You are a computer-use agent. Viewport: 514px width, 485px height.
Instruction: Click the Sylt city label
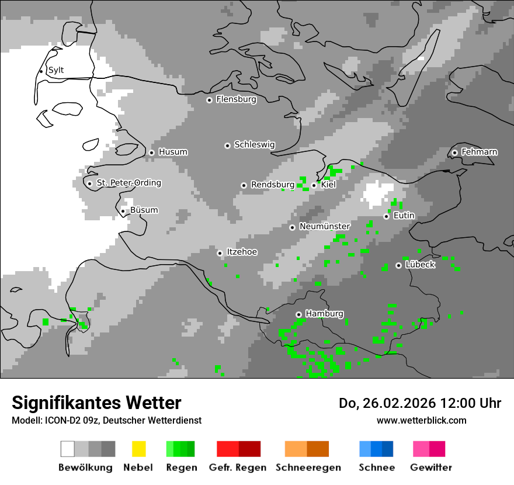click(x=56, y=70)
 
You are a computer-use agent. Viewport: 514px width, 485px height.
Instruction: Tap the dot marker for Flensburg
click(x=209, y=100)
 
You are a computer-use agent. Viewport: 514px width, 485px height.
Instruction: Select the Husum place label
click(x=173, y=152)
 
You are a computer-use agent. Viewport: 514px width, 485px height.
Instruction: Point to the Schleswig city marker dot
click(x=227, y=145)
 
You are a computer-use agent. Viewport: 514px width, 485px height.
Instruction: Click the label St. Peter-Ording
click(x=128, y=183)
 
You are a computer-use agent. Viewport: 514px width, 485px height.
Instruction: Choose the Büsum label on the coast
click(x=144, y=210)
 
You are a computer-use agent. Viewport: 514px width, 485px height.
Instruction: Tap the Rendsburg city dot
click(x=244, y=185)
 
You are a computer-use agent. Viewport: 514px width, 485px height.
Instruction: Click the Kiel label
click(x=329, y=185)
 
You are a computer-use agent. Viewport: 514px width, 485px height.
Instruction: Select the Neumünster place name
click(x=325, y=226)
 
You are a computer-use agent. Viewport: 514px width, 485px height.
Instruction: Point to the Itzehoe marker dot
click(x=220, y=253)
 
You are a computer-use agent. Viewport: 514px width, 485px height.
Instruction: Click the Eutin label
click(x=404, y=216)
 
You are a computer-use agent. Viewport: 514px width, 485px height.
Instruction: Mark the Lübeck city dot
click(x=398, y=265)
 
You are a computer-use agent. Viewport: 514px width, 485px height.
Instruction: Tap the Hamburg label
click(x=324, y=314)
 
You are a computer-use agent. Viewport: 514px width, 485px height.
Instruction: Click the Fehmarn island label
click(x=480, y=152)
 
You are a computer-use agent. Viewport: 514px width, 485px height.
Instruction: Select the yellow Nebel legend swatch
click(x=138, y=449)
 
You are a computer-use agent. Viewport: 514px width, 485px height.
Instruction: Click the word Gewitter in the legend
click(x=431, y=467)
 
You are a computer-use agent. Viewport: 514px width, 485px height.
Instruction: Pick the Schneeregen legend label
click(x=308, y=467)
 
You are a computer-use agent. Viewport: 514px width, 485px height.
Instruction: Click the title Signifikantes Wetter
click(x=96, y=403)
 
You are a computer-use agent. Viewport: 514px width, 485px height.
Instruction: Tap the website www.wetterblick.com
click(x=421, y=420)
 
